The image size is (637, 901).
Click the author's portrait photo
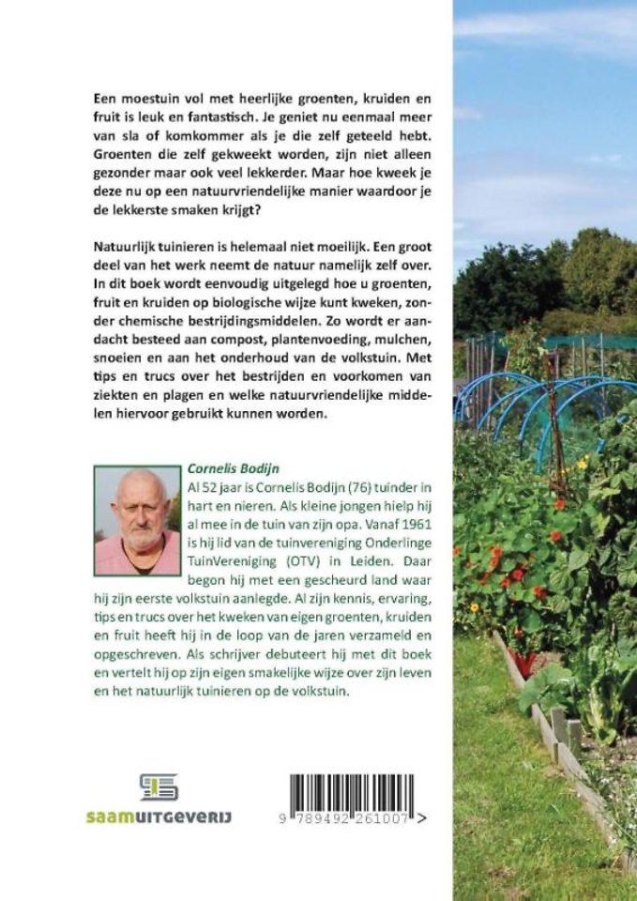coord(137,520)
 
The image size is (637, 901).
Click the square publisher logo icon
coord(158,786)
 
